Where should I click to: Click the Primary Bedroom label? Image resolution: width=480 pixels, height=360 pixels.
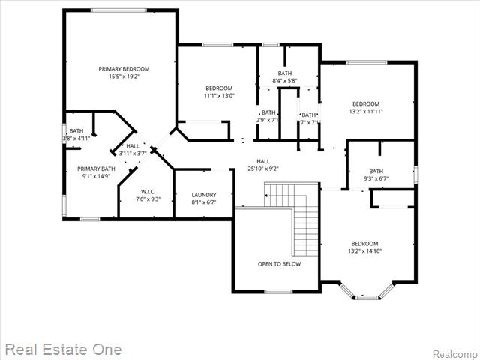coord(124,69)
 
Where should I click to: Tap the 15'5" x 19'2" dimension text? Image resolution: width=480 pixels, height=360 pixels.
coord(124,76)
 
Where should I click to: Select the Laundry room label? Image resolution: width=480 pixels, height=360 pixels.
coord(204,195)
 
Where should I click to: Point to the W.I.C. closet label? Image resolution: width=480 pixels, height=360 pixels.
coord(148,191)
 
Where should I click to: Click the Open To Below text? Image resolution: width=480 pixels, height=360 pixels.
coord(279,264)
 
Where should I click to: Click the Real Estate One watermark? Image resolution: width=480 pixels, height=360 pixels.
coord(63,349)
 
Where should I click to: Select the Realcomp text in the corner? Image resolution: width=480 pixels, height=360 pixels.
coord(456,353)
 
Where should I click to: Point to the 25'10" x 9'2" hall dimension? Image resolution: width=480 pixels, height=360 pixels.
coord(263,169)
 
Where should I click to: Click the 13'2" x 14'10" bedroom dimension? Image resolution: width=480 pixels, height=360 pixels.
coord(365,251)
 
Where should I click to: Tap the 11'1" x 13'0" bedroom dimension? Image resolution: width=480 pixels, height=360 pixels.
coord(219,95)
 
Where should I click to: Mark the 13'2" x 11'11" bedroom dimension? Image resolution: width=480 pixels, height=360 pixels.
coord(366,111)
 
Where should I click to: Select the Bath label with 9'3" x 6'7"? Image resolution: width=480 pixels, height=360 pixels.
coord(376,171)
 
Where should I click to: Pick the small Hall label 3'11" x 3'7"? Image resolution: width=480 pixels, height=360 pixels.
coord(133,146)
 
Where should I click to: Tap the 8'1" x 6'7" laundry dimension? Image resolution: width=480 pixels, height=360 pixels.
coord(204,202)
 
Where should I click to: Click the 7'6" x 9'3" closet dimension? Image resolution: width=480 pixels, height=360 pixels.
coord(148,199)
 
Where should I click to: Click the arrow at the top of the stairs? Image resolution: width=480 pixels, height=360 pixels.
coord(267,197)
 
